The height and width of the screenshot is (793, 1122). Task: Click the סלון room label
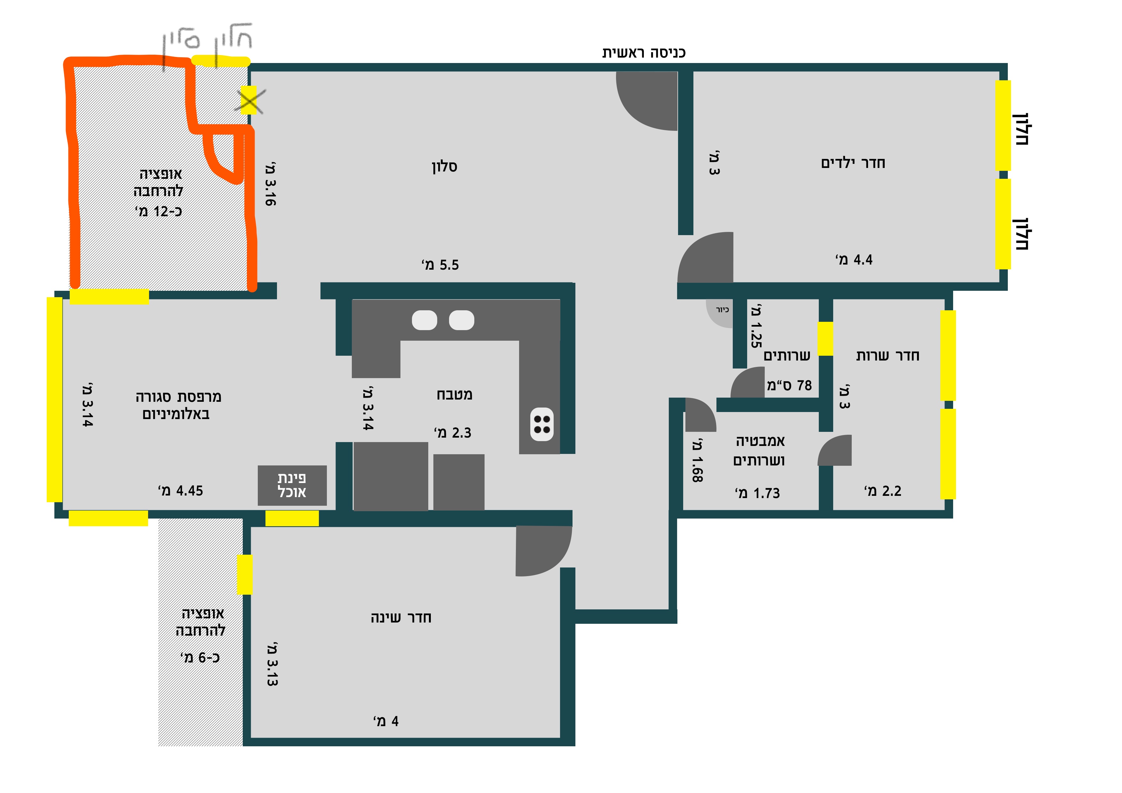coord(444,167)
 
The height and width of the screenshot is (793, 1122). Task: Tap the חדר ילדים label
coord(853,163)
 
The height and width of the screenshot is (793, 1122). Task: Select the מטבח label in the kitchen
coord(454,394)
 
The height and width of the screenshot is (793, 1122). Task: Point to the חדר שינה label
coord(401,618)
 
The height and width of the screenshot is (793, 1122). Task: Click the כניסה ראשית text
coord(644,52)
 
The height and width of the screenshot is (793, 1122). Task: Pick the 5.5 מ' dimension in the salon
coord(440,265)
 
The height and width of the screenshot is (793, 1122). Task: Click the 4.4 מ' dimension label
coord(854,259)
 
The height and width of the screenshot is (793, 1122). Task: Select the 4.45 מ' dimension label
coord(180,491)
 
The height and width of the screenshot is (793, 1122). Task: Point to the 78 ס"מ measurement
coord(789,385)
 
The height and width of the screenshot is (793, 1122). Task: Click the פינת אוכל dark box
coord(292,485)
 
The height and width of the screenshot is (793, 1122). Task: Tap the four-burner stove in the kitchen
coord(542,424)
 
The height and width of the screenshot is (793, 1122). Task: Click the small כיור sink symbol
coord(719,313)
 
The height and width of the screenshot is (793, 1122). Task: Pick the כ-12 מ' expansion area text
coord(158,211)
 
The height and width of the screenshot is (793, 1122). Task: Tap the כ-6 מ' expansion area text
coord(200,657)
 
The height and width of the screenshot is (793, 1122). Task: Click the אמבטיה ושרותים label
coord(759,450)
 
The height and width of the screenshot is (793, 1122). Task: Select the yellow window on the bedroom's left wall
coord(245,575)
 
